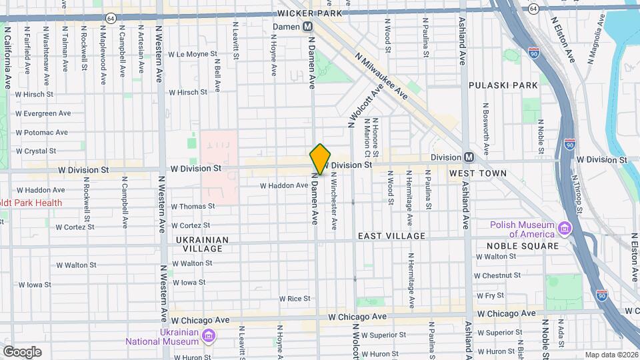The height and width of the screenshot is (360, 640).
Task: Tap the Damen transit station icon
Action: pos(308,26)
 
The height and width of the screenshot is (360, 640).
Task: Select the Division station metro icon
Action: pos(469,157)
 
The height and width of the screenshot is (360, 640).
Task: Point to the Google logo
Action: pos(22,351)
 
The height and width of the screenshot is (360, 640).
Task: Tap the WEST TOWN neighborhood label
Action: pos(477,173)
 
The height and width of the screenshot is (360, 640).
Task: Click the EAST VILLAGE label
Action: pos(391,236)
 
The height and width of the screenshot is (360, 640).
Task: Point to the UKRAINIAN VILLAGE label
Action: pos(202,244)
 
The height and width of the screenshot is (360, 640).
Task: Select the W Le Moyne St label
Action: pos(193,54)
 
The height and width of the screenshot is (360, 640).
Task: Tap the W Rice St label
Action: pos(295,299)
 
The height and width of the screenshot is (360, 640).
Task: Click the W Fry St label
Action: pos(491,295)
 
